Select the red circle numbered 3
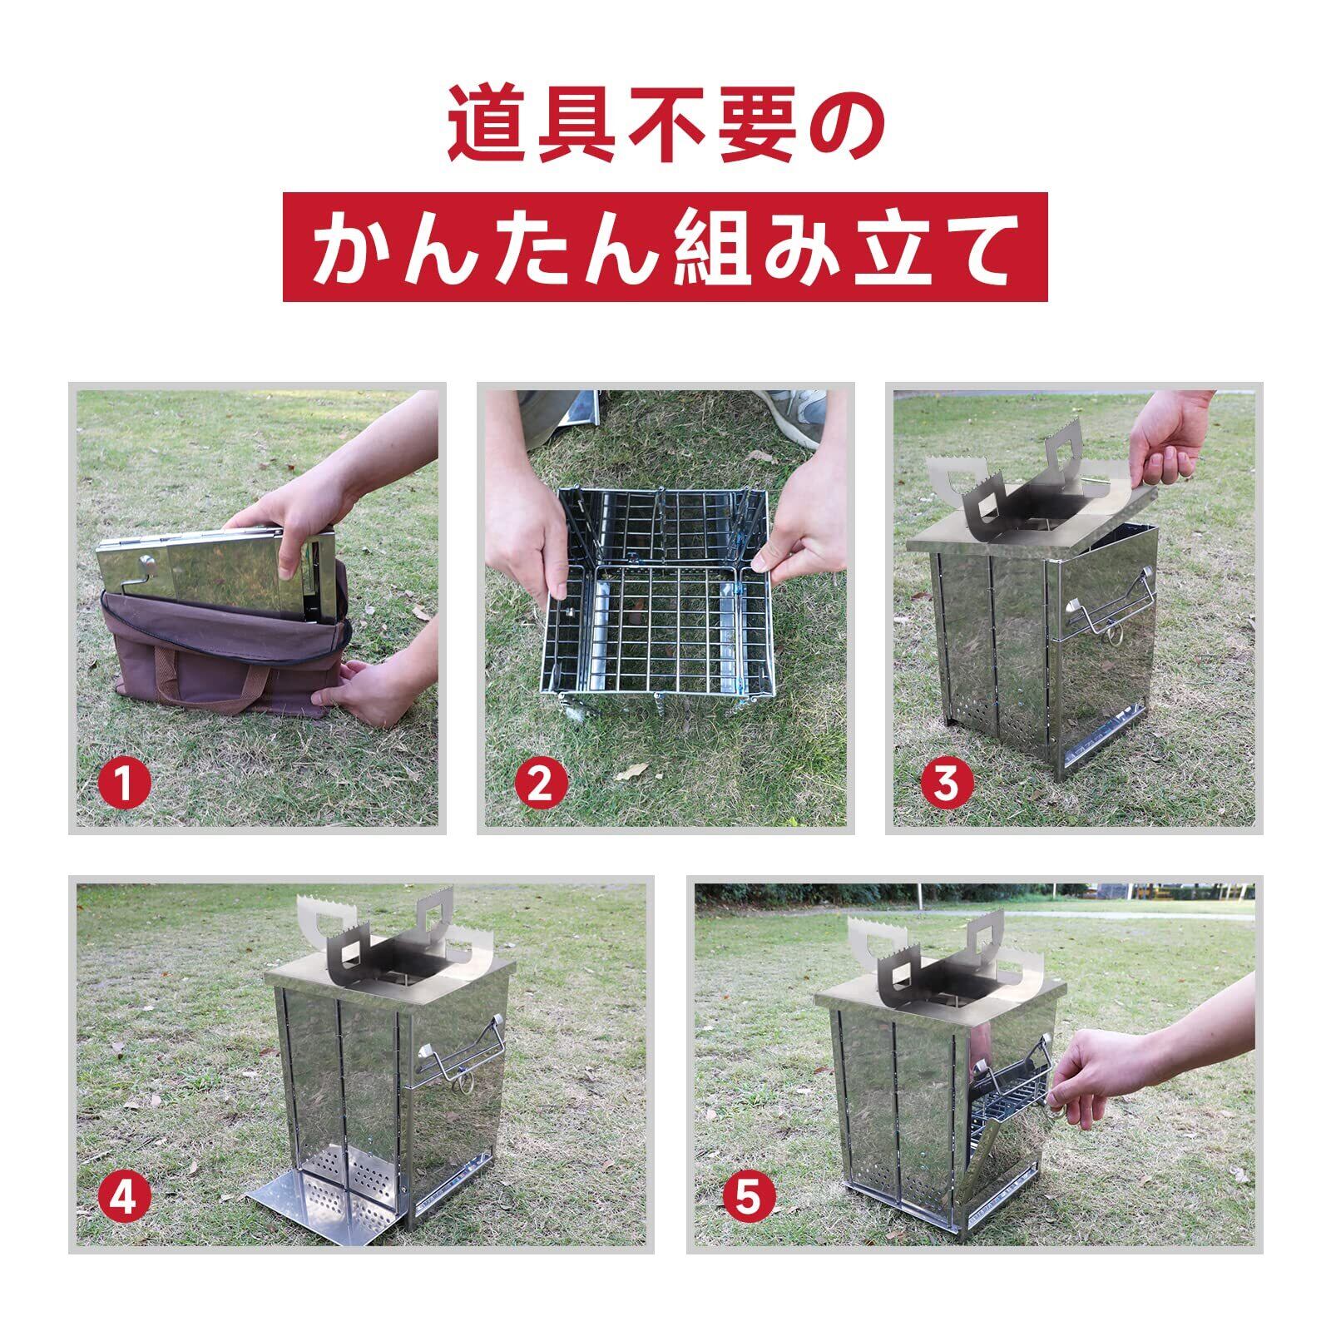pos(946,783)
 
